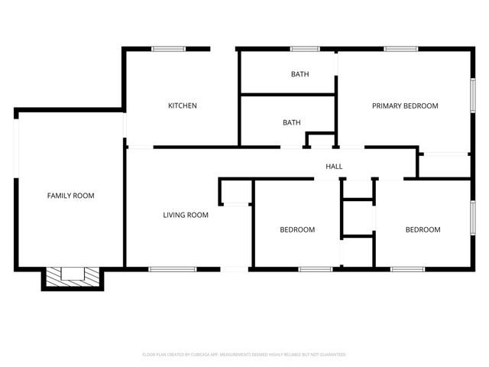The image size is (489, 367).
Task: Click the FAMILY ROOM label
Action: (x=71, y=196)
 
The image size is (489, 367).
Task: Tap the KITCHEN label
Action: (x=183, y=106)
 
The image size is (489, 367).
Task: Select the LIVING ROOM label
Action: (x=186, y=215)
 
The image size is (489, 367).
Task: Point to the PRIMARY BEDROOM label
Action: (x=405, y=106)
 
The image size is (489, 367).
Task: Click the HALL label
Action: (x=334, y=166)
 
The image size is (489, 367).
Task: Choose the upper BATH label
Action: (x=299, y=74)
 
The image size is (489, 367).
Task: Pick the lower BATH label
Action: (x=291, y=122)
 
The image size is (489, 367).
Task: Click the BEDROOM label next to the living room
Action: (x=297, y=229)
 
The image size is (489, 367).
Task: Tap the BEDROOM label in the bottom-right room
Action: (x=423, y=229)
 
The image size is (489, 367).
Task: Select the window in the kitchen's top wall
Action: (x=167, y=49)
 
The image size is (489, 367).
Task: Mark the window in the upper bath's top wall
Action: (x=304, y=49)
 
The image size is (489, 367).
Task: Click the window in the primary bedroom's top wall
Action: (x=400, y=49)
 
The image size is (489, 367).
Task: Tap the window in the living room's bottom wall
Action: (x=172, y=268)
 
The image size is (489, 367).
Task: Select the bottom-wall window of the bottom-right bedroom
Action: (x=407, y=268)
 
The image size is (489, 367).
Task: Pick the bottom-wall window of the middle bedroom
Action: (x=315, y=268)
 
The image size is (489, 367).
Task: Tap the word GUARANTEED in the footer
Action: (x=331, y=355)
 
